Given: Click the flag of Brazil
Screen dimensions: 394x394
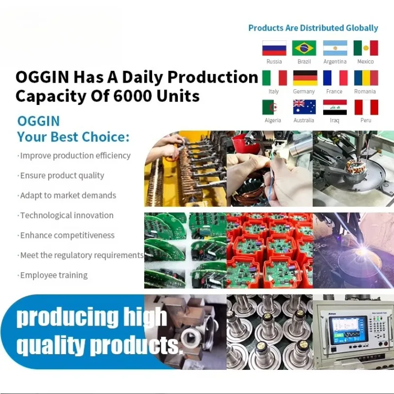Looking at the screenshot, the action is click(304, 48).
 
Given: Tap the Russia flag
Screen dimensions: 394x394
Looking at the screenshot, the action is click(274, 48).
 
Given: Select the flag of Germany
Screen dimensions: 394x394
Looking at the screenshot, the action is click(305, 78).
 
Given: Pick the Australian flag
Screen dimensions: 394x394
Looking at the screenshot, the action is click(304, 107).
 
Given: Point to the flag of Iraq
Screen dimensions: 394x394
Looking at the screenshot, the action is click(335, 107).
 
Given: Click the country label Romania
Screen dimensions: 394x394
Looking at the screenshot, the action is click(365, 92).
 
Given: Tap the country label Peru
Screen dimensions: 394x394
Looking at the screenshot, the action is click(365, 120).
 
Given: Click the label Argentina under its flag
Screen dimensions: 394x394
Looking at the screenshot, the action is click(335, 62).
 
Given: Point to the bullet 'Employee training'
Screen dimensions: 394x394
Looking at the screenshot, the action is click(53, 275).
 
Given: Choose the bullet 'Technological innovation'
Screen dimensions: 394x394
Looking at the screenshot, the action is click(66, 215).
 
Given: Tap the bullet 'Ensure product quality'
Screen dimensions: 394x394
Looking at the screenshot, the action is click(61, 175).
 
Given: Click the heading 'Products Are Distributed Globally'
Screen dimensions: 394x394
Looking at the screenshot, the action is click(313, 28).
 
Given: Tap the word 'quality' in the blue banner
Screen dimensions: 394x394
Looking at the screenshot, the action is click(50, 346).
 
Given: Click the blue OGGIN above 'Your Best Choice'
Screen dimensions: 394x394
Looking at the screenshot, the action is click(38, 121).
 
